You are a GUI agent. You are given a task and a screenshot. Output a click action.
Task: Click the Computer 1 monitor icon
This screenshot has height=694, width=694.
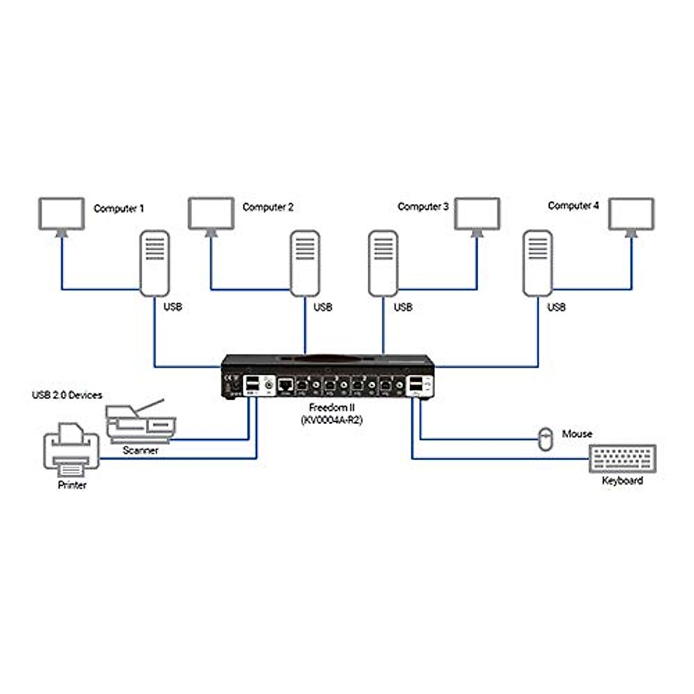point(61,214)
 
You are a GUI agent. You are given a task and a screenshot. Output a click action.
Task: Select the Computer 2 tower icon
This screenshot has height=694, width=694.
point(305,263)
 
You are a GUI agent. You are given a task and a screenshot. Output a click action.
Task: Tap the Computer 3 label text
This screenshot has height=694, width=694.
point(423,206)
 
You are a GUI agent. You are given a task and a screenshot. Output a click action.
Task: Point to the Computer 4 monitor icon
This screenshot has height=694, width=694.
point(632,214)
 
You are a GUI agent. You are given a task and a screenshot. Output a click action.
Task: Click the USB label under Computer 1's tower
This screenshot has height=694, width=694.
point(172,307)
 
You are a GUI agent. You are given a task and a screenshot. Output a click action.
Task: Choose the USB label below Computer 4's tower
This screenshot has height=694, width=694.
point(556,307)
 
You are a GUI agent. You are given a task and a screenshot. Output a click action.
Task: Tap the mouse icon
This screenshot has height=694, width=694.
point(545,440)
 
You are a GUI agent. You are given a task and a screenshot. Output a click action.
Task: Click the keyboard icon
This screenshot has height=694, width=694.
point(622,459)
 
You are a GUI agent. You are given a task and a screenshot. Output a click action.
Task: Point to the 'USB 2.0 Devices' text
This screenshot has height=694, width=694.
point(67,395)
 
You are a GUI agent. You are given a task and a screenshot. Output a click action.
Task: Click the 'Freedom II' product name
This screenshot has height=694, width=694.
point(332,408)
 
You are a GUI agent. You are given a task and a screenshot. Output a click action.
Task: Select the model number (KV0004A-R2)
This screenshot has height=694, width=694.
point(332,420)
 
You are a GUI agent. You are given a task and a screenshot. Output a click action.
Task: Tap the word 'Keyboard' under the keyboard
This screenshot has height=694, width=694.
point(622,481)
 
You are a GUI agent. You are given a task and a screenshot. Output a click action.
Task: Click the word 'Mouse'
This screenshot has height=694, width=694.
point(577,434)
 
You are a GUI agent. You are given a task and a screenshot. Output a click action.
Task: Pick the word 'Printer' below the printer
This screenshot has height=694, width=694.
point(72,485)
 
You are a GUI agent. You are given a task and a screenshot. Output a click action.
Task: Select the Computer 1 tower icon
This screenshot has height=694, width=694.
point(154,263)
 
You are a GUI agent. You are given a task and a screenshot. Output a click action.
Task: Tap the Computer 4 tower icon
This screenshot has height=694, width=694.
point(537,263)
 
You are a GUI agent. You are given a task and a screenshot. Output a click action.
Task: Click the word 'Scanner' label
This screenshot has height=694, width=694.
point(141,450)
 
